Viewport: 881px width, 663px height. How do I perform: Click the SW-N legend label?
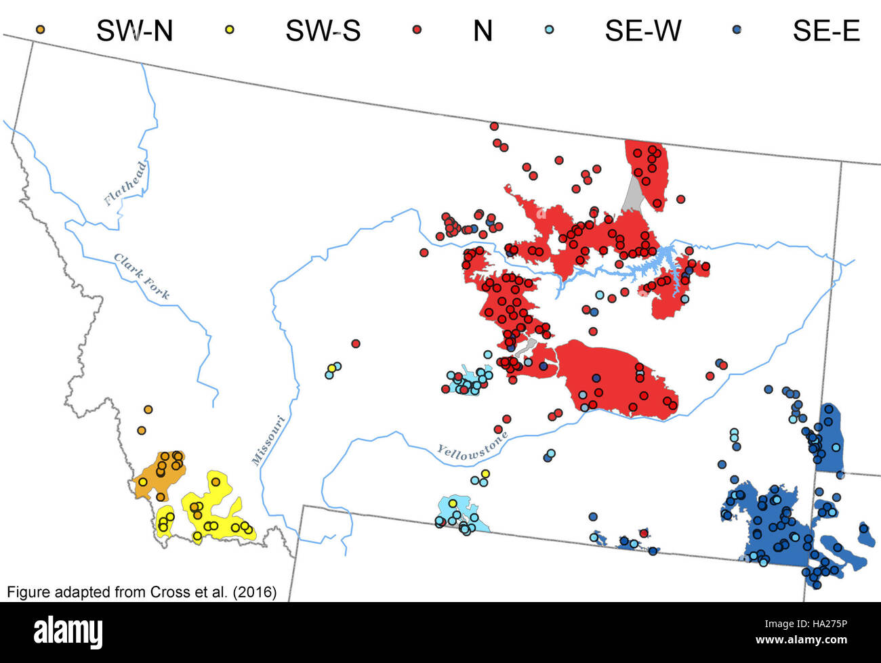click(x=134, y=31)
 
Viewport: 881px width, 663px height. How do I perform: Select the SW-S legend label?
click(x=323, y=31)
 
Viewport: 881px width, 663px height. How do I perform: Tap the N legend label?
click(x=483, y=31)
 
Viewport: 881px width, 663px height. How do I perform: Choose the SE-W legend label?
click(x=642, y=31)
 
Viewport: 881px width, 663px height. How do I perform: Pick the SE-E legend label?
click(x=826, y=31)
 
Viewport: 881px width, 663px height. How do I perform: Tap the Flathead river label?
click(x=125, y=183)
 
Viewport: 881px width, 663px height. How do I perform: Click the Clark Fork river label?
click(x=142, y=276)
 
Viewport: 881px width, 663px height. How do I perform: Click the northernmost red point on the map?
click(x=494, y=126)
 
